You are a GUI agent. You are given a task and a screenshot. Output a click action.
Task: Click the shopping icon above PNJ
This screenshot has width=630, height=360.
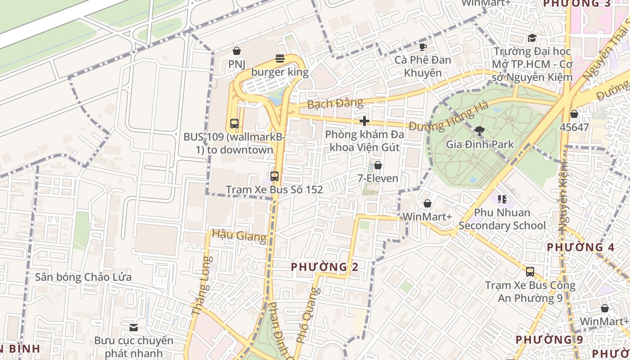click(x=236, y=51)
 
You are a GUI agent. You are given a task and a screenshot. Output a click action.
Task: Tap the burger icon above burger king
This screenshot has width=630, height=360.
click(x=280, y=58)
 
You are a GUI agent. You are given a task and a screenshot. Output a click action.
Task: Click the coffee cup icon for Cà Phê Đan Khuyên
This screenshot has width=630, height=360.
click(x=423, y=46)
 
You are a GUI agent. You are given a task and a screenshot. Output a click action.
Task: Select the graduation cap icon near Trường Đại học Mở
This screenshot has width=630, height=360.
click(x=532, y=38)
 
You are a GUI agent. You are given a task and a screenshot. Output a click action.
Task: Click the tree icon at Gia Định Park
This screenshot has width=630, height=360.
click(x=480, y=131)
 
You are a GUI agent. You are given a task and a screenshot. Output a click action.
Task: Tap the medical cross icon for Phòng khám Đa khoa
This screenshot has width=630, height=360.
click(x=364, y=121)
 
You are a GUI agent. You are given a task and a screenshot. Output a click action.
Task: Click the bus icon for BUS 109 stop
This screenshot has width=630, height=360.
click(x=234, y=123)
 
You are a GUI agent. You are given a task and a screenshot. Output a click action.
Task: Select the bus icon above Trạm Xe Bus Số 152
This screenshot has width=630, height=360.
click(x=274, y=176)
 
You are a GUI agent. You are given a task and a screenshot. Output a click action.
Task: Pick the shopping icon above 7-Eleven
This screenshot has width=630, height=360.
click(x=378, y=165)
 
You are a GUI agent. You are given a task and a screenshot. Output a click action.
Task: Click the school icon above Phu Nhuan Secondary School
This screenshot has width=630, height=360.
click(x=502, y=199)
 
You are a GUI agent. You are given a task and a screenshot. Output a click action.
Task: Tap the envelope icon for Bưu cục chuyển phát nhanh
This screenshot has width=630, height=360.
click(x=134, y=327)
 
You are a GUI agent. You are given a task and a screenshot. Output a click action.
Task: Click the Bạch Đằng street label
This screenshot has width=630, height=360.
click(x=335, y=103)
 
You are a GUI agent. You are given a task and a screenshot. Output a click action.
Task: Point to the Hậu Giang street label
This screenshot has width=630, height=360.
click(x=239, y=235)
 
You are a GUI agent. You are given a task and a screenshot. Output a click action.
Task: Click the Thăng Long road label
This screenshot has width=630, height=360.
click(x=202, y=286)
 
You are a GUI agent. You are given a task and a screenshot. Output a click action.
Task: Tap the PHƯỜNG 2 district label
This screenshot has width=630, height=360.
click(x=324, y=267)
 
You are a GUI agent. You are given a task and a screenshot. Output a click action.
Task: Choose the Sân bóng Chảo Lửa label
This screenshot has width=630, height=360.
click(x=83, y=277)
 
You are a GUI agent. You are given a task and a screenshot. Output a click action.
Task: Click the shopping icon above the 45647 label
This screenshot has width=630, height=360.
click(x=574, y=114)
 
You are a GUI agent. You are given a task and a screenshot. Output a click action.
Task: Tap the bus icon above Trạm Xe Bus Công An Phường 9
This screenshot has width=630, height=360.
click(x=530, y=271)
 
